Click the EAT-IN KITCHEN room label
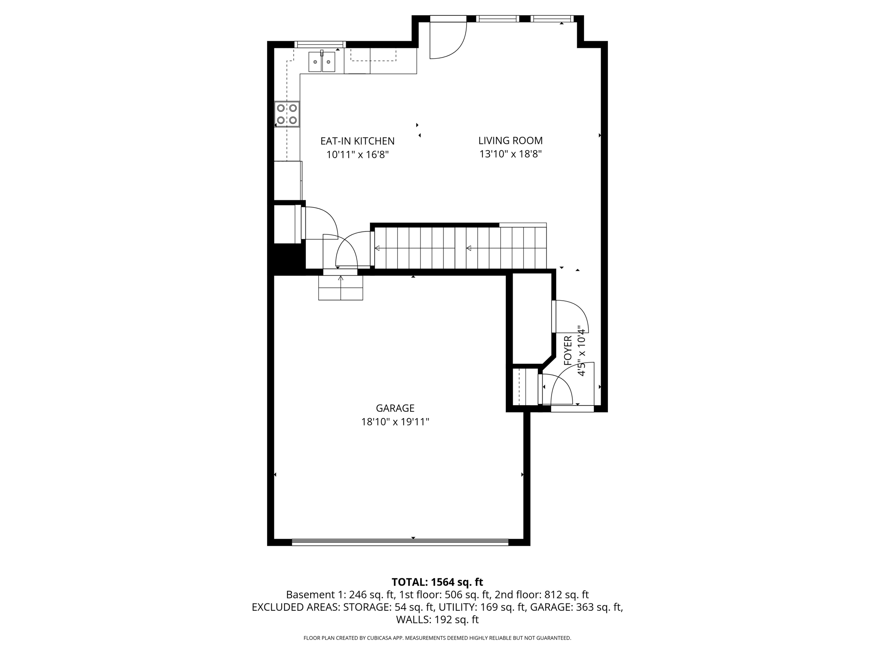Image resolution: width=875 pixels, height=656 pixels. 357,141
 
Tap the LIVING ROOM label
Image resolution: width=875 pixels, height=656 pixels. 510,141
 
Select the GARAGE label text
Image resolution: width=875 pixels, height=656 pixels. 395,408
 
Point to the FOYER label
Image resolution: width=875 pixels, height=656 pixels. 568,350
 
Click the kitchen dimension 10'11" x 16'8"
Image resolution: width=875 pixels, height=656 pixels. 357,155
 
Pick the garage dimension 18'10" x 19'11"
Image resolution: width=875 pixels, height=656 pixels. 395,422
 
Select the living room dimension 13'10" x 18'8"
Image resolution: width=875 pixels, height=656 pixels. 510,154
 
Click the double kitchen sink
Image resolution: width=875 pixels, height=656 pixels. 322,62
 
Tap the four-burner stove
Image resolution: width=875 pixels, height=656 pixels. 287,114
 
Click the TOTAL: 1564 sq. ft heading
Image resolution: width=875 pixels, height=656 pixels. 437,582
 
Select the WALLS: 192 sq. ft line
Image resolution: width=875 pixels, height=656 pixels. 437,619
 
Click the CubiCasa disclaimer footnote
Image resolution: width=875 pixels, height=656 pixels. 437,638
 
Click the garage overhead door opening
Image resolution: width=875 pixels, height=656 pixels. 400,542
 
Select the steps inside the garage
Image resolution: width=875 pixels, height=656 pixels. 341,288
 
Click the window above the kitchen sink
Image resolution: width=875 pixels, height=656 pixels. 320,44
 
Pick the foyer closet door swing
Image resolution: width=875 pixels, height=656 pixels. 570,316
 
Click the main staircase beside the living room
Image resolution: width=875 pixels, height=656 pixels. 459,248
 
